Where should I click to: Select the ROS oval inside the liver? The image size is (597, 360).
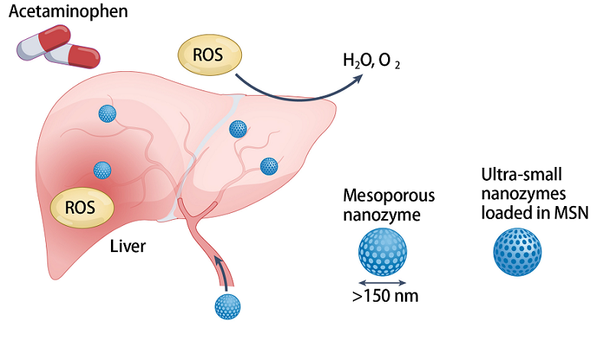[x=82, y=208]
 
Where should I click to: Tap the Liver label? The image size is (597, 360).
[x=128, y=247]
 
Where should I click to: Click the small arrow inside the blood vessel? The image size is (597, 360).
[x=220, y=270]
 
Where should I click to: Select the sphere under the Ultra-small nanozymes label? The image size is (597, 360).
[x=517, y=250]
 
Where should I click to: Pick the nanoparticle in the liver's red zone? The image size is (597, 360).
[x=102, y=169]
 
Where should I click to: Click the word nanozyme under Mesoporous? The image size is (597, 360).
[x=380, y=214]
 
